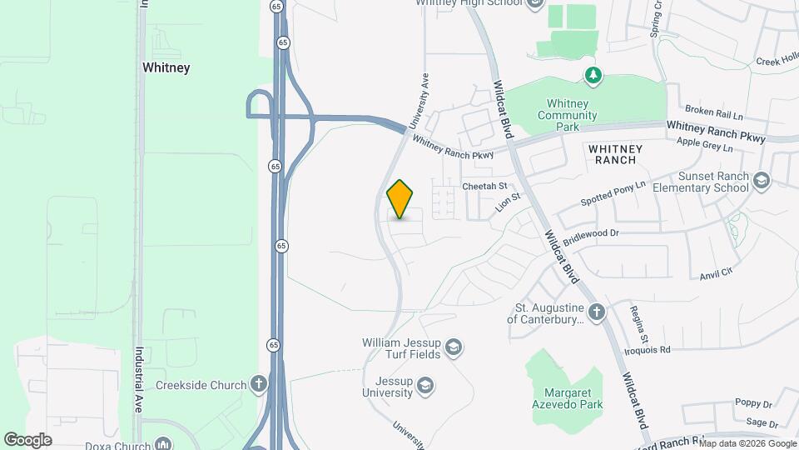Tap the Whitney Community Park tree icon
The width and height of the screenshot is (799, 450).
coord(593,77)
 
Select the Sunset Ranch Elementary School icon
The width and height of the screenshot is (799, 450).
coord(761,181)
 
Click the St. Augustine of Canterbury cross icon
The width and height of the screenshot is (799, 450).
coord(596,312)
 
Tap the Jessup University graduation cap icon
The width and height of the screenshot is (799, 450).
coord(424,385)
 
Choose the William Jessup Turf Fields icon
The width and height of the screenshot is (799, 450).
coord(454,347)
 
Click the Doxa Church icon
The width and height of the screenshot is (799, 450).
coord(163,443)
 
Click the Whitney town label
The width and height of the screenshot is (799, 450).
coord(166,67)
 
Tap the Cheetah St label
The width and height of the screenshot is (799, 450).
coord(484,186)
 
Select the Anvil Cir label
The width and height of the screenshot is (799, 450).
coord(716,272)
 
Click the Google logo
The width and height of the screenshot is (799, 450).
coord(27,439)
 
